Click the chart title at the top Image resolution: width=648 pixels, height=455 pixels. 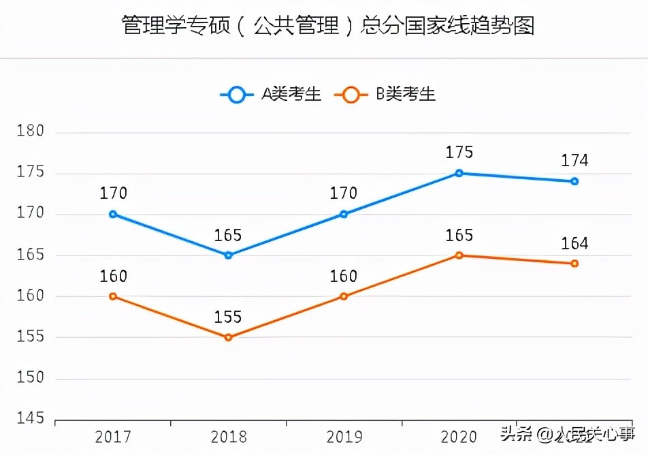coord(327,25)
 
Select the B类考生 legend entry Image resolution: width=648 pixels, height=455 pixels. coord(385,95)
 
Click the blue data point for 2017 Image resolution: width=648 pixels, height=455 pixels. coord(113,214)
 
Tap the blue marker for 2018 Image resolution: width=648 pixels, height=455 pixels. coord(228,255)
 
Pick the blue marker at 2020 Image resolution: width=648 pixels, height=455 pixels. coord(459,173)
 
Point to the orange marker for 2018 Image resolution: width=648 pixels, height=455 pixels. coord(228,337)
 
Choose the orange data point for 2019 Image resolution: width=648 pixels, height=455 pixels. coord(344,296)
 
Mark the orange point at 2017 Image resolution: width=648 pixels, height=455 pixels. coord(113,296)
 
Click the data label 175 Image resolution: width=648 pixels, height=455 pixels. coord(459,153)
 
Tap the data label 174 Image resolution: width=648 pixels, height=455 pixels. coord(574,161)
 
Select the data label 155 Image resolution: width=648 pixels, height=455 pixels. coord(228,317)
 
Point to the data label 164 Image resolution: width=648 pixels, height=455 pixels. coord(574,244)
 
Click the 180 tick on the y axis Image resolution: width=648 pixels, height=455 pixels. coord(31,131)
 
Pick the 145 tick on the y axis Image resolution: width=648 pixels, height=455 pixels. coord(31,419)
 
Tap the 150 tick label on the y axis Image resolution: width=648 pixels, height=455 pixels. coord(31,378)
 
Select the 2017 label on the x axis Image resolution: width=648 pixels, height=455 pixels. coord(113,437)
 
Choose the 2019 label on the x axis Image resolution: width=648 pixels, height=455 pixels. coord(344,437)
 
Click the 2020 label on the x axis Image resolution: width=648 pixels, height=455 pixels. coord(459,437)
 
